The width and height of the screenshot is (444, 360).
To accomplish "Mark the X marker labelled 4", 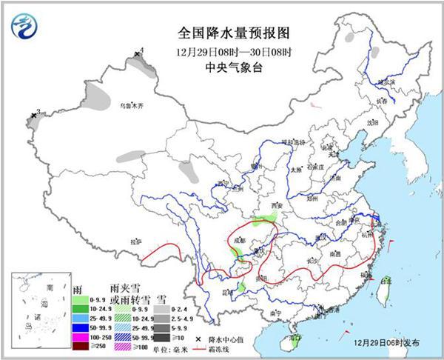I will (137, 54).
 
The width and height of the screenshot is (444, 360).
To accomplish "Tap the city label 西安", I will (277, 205).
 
